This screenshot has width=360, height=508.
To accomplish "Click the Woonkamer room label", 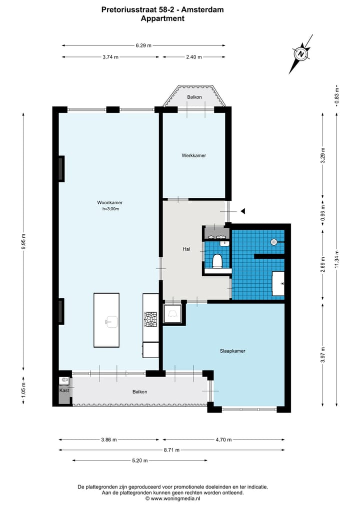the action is pos(110,202).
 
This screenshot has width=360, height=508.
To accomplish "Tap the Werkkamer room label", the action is pos(193,155).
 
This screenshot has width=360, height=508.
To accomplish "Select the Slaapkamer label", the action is pos(232,351).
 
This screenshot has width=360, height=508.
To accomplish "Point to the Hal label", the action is pos(186,249).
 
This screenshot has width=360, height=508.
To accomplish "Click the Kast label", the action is pos(64,391).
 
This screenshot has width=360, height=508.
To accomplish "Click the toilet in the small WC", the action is pos(216,261).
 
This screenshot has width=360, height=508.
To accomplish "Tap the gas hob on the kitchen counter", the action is pos(150,319).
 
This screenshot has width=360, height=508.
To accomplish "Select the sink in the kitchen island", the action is pos(110,322).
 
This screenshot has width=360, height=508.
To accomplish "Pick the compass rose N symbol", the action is pos(301,54).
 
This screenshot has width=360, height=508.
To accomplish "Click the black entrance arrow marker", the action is pos(242,211).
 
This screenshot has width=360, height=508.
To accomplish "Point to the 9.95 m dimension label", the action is pos(23,241).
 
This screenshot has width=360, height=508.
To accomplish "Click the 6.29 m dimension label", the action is pos(143,45).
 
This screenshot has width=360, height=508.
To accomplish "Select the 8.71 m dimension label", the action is pos(171,450).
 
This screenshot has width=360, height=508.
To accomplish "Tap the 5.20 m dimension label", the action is pos(140,461).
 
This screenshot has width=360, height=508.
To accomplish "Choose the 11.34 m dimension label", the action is pos(336,259).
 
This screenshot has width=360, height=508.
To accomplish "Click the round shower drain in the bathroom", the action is pos(274,242).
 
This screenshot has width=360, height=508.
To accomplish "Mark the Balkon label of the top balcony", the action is pos(194,97).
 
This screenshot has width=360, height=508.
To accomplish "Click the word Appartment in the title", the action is pos(162,18).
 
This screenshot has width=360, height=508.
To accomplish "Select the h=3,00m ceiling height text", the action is pos(110,209).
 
